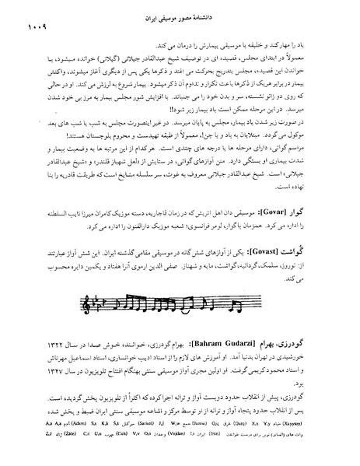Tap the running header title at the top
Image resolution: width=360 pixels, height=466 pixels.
click(x=180, y=16)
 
